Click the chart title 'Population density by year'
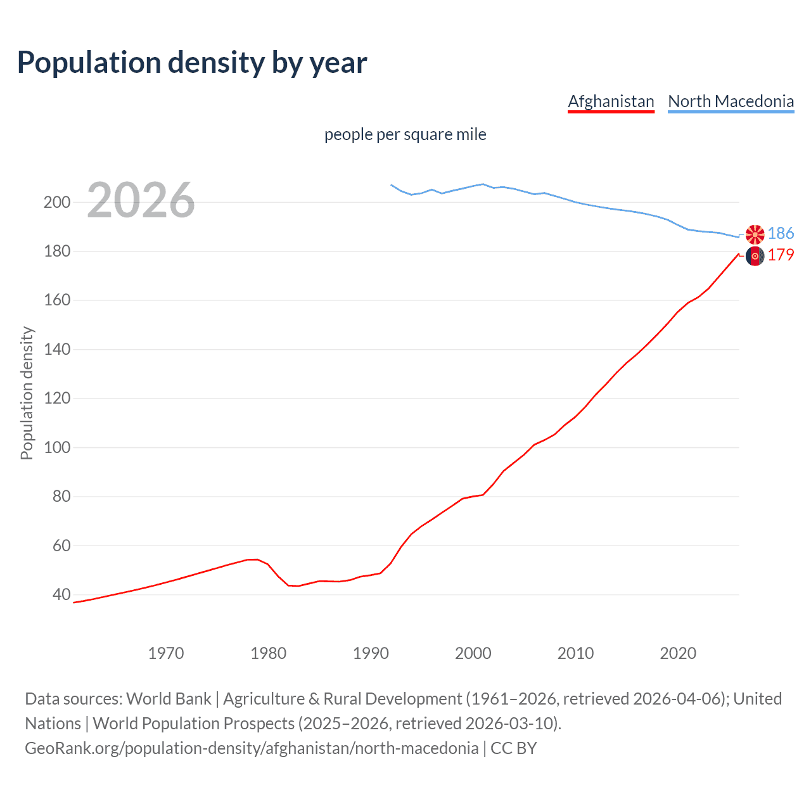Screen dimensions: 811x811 pyautogui.click(x=192, y=62)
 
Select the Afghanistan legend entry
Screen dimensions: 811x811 pyautogui.click(x=611, y=101)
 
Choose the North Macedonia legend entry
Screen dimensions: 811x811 pyautogui.click(x=731, y=101)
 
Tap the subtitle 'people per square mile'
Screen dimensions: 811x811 pyautogui.click(x=405, y=134)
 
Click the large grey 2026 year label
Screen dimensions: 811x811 pyautogui.click(x=141, y=200)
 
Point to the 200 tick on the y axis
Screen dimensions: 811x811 pyautogui.click(x=56, y=203)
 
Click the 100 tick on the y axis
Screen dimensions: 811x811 pyautogui.click(x=56, y=448)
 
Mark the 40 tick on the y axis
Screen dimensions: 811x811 pyautogui.click(x=61, y=595)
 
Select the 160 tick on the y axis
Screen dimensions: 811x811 pyautogui.click(x=56, y=300)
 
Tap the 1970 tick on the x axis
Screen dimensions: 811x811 pyautogui.click(x=166, y=653)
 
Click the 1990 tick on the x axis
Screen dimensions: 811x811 pyautogui.click(x=371, y=653)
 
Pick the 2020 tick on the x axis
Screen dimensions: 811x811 pyautogui.click(x=678, y=653)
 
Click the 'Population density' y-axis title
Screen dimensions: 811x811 pyautogui.click(x=27, y=393)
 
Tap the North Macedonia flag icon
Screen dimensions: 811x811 pyautogui.click(x=755, y=234)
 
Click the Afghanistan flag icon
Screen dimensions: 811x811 pyautogui.click(x=755, y=256)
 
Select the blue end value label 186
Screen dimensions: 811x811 pyautogui.click(x=781, y=234)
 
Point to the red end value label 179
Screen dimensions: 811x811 pyautogui.click(x=781, y=255)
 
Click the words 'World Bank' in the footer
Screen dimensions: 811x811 pyautogui.click(x=169, y=699)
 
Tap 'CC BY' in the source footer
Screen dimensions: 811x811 pyautogui.click(x=514, y=748)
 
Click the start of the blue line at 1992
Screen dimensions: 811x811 pyautogui.click(x=392, y=185)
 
